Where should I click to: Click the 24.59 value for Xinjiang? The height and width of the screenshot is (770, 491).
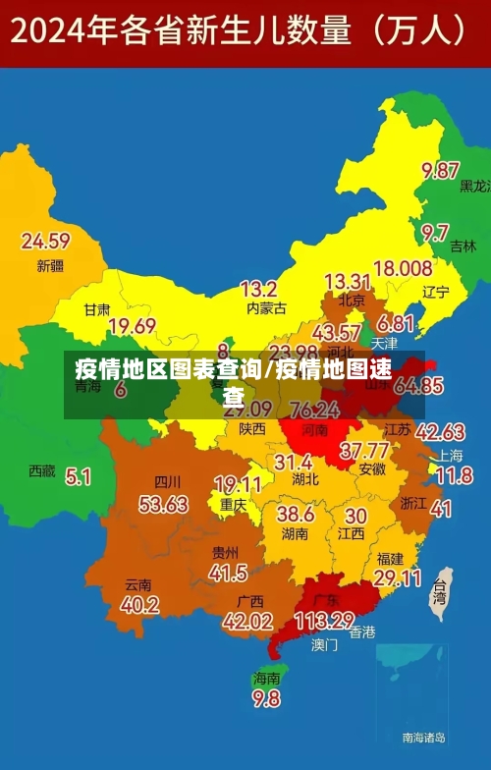point(45,241)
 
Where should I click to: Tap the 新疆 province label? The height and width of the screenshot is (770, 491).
point(50,265)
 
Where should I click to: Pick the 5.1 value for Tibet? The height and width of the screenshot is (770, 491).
point(78,477)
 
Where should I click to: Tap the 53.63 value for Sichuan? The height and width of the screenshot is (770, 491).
point(163,504)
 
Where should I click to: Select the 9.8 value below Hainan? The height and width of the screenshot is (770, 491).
point(266,699)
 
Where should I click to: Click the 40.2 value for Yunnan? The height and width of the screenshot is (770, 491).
point(140,605)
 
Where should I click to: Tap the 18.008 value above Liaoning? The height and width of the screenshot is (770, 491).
point(403,267)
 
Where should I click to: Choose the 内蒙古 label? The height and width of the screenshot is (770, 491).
point(266,308)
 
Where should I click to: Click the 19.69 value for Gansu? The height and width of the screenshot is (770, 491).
point(132,326)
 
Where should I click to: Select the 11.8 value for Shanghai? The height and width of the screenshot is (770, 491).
point(454,476)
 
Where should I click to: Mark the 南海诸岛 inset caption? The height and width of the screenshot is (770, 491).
point(424,737)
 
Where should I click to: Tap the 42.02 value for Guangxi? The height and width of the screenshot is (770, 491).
point(247,621)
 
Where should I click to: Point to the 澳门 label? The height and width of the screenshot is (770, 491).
point(324,645)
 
